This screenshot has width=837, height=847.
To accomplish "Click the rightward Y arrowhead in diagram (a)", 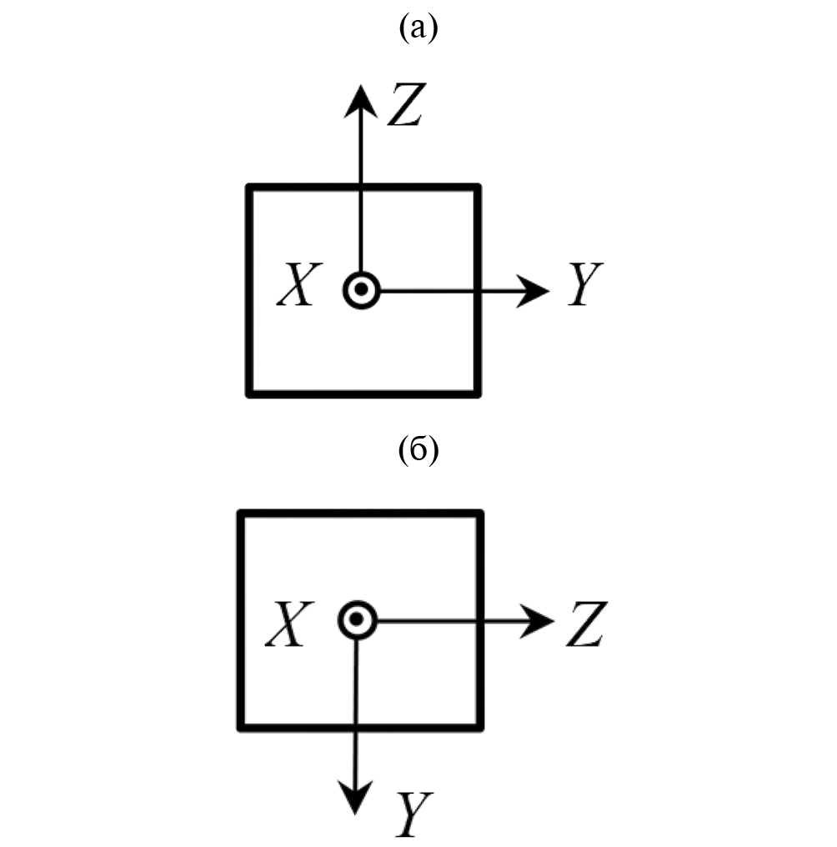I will [535, 291].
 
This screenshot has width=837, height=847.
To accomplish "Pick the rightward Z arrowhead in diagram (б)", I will [540, 620].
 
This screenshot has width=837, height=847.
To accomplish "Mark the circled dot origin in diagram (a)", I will [361, 291].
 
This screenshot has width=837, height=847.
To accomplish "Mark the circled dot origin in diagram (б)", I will [358, 620].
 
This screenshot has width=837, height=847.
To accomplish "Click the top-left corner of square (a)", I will [249, 187].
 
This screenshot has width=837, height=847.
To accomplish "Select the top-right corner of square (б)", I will [479, 513].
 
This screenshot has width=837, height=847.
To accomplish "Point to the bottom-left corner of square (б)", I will [241, 728].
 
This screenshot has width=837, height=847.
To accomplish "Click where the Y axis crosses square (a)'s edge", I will [478, 291].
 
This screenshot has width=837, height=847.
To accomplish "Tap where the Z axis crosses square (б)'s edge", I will [479, 620].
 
